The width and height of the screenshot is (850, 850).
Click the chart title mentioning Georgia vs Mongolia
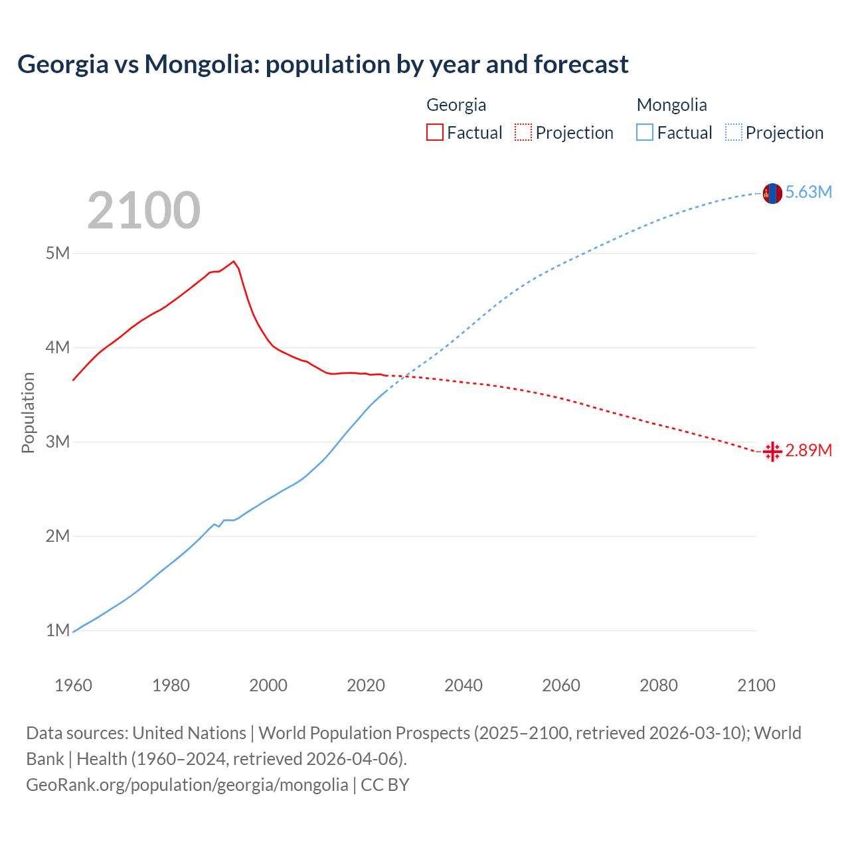click(323, 64)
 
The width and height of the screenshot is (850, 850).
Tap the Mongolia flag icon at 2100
click(772, 193)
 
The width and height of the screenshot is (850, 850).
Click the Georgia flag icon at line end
click(772, 452)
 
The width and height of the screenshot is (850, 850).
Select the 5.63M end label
click(808, 193)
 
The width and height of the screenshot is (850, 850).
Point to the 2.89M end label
click(808, 451)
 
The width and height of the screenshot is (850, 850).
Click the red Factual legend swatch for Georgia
click(434, 132)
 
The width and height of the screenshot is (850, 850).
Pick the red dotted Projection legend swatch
click(523, 132)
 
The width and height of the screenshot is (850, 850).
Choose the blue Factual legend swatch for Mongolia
click(645, 132)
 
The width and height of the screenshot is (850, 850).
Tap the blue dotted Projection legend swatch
click(734, 132)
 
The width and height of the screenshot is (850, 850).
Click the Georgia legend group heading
click(456, 105)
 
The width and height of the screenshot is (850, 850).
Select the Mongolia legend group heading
click(671, 105)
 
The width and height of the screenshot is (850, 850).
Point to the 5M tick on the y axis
click(58, 253)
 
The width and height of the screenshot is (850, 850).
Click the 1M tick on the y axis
click(58, 630)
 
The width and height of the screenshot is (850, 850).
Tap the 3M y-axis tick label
click(58, 442)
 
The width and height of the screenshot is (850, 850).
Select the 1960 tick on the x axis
click(73, 685)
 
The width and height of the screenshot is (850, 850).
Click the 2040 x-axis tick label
click(464, 685)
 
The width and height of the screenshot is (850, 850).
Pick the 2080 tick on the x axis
click(659, 685)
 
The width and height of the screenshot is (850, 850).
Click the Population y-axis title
click(28, 412)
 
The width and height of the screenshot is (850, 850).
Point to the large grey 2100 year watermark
click(143, 211)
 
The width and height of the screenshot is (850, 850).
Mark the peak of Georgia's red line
click(234, 261)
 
